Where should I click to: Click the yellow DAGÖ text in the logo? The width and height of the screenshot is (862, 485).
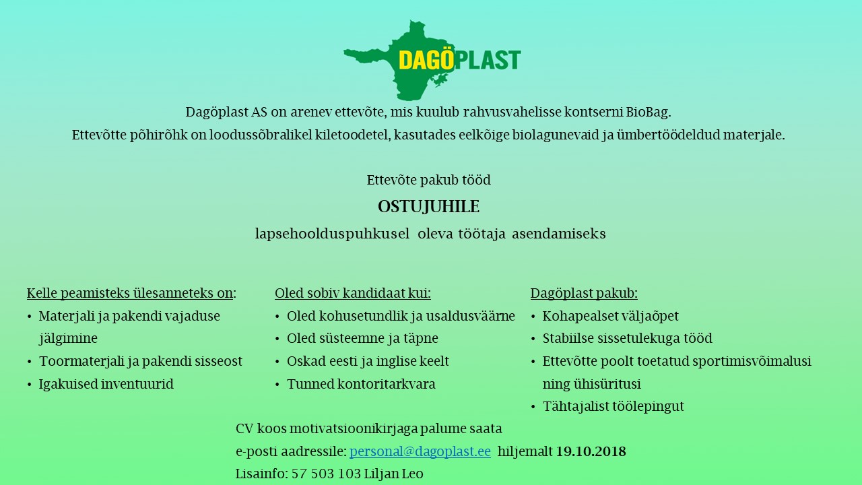(x=427, y=60)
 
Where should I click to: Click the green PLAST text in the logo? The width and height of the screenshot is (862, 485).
(x=488, y=60)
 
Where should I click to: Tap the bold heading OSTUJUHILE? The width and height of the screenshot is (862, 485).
(x=428, y=207)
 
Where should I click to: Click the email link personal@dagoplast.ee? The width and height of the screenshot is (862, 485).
(x=420, y=451)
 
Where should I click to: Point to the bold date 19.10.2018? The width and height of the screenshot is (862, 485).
(x=591, y=451)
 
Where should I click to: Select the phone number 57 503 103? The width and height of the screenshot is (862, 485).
(x=326, y=474)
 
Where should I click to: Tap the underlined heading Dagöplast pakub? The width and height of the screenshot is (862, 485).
(x=584, y=293)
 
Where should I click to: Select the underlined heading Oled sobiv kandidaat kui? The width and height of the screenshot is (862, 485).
(x=352, y=293)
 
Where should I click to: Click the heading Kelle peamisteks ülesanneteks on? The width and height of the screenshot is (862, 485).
(x=131, y=293)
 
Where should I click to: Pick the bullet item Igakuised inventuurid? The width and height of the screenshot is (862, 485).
(x=106, y=384)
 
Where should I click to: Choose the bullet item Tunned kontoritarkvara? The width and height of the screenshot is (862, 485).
(x=361, y=384)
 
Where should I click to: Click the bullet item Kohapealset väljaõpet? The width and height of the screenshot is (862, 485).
(x=610, y=316)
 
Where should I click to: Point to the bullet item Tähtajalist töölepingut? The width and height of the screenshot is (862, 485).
(x=614, y=406)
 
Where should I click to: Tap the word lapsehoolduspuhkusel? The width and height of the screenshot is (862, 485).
(x=332, y=234)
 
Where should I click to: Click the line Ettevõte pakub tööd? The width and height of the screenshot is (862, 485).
(x=428, y=180)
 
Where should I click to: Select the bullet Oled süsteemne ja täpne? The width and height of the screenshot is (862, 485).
(x=362, y=339)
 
